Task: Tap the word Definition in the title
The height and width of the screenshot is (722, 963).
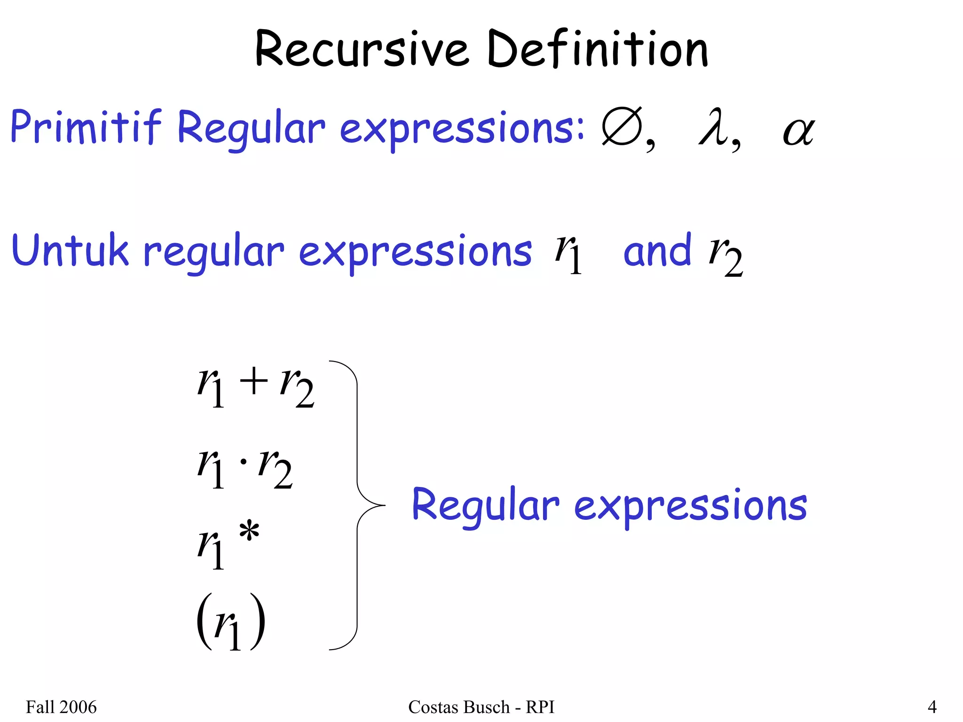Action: (598, 49)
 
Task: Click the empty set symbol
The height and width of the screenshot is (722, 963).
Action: (622, 127)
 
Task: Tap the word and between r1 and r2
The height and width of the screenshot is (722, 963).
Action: (657, 251)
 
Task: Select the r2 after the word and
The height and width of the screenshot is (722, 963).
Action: (725, 256)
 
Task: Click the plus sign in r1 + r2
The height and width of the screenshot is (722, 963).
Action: (253, 380)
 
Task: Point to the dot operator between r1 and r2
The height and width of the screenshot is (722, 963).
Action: (243, 462)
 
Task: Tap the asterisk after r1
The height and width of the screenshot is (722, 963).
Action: (249, 533)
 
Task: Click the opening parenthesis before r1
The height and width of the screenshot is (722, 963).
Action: (203, 621)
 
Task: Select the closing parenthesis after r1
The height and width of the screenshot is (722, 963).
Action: (258, 621)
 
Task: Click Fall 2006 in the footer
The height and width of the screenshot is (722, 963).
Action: (61, 707)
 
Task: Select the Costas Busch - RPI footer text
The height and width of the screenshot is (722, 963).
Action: (481, 707)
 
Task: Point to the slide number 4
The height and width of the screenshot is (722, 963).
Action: (932, 707)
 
